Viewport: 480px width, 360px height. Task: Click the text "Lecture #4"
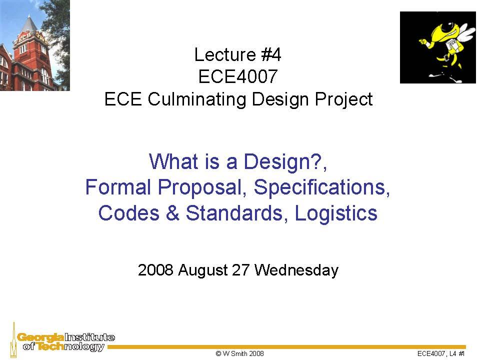point(238,54)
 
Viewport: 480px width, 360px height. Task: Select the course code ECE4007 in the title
point(238,76)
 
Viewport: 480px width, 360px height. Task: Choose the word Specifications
point(322,187)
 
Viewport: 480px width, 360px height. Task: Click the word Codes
point(127,213)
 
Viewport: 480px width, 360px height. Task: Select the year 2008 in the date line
point(155,270)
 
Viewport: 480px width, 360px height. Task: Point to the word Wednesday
point(296,270)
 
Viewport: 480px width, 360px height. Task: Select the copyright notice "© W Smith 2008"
point(239,353)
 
